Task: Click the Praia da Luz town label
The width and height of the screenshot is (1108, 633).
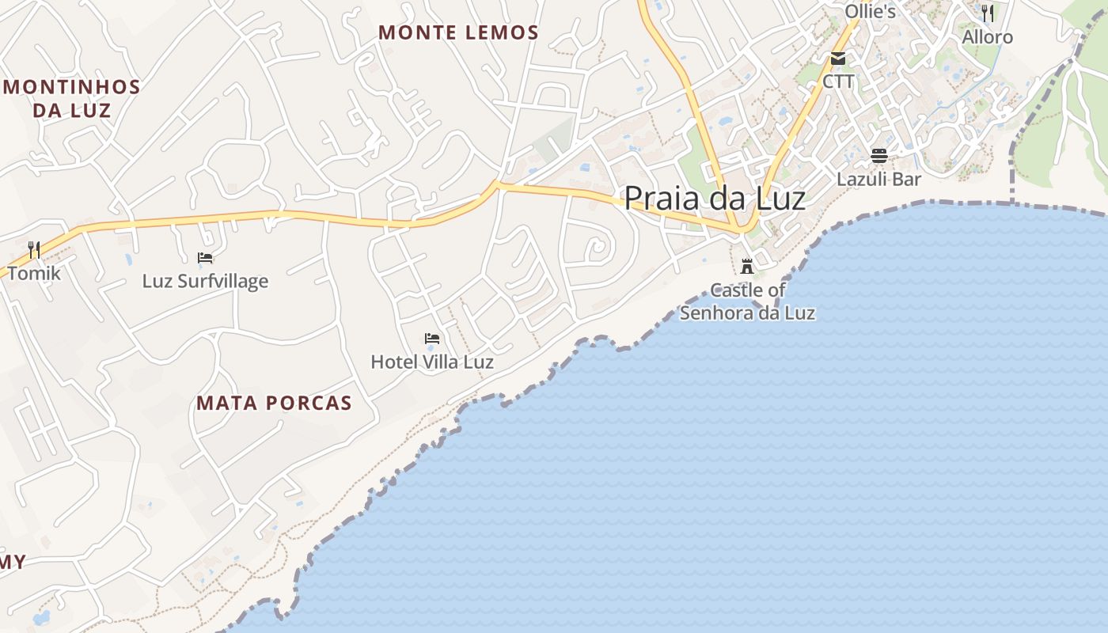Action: (715, 198)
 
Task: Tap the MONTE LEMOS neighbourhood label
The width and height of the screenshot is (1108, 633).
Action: (458, 32)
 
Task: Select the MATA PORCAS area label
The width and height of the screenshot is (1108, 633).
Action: (274, 403)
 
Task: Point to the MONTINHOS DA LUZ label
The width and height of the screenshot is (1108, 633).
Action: (71, 98)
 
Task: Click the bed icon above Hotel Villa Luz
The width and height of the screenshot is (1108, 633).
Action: (432, 339)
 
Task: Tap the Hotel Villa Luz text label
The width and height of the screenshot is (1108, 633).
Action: (432, 362)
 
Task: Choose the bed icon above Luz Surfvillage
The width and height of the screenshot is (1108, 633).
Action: (205, 258)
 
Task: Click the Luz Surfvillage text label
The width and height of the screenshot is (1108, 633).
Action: (205, 281)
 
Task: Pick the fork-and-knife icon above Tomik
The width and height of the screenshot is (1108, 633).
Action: (34, 250)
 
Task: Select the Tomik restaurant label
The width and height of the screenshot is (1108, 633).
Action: (34, 274)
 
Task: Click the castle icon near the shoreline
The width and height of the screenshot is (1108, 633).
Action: (747, 266)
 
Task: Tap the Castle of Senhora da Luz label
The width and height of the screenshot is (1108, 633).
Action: (747, 301)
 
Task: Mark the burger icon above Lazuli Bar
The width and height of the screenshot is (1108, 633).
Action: (879, 156)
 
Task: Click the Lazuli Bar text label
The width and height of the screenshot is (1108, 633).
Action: (879, 179)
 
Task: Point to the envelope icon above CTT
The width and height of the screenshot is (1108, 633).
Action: (838, 59)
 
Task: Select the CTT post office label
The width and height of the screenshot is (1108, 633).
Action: (838, 81)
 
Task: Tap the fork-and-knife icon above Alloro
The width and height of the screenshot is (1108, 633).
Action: (987, 13)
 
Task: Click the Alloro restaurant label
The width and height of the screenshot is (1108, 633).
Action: (987, 37)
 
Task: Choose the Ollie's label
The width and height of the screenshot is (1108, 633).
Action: (870, 11)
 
